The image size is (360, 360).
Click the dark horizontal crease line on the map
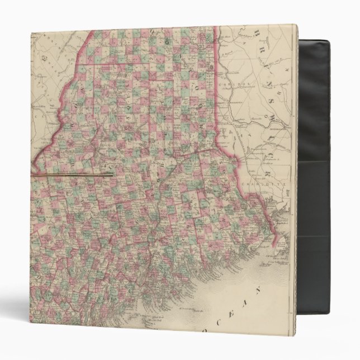tap(73, 174)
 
